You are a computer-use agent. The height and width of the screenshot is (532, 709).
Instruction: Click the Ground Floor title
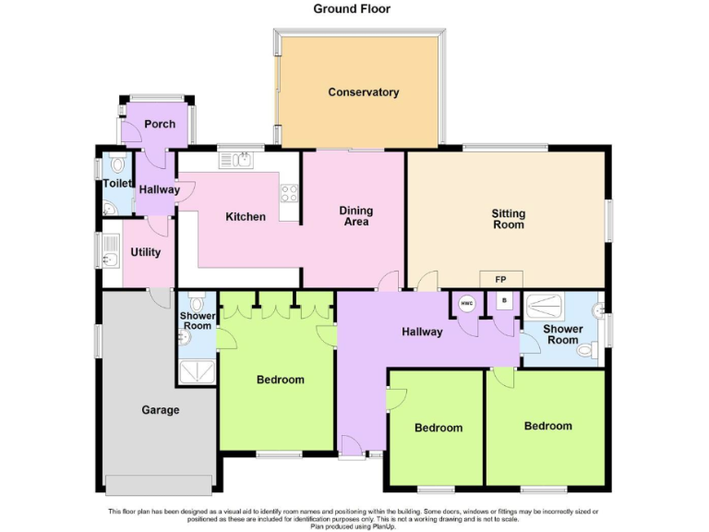(352, 9)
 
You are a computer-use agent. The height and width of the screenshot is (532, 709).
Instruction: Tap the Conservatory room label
(363, 92)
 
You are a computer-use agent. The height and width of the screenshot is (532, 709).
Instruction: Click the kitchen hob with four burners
(289, 194)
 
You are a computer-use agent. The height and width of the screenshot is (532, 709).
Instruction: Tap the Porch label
(160, 124)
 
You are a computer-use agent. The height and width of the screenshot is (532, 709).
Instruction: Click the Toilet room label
(117, 184)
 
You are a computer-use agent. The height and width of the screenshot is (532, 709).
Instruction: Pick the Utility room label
(146, 253)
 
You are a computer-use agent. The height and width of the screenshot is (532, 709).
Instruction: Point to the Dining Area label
(355, 216)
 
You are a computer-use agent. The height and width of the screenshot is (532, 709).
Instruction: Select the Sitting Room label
(508, 219)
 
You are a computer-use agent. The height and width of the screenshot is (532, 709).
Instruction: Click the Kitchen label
(246, 217)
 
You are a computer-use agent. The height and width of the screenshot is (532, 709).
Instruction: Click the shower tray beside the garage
(196, 370)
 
